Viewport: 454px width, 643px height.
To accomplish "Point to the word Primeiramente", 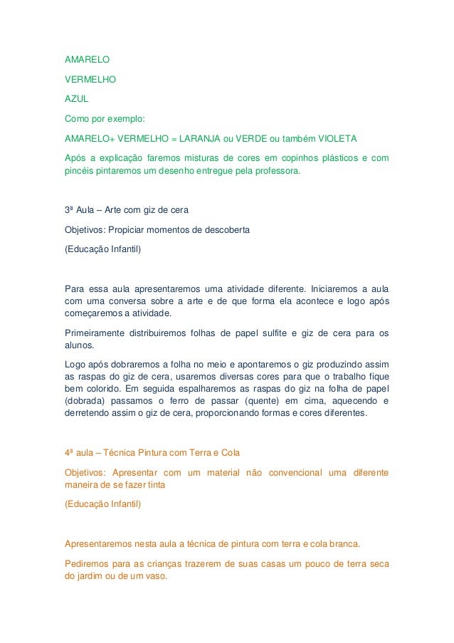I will (93, 334).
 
